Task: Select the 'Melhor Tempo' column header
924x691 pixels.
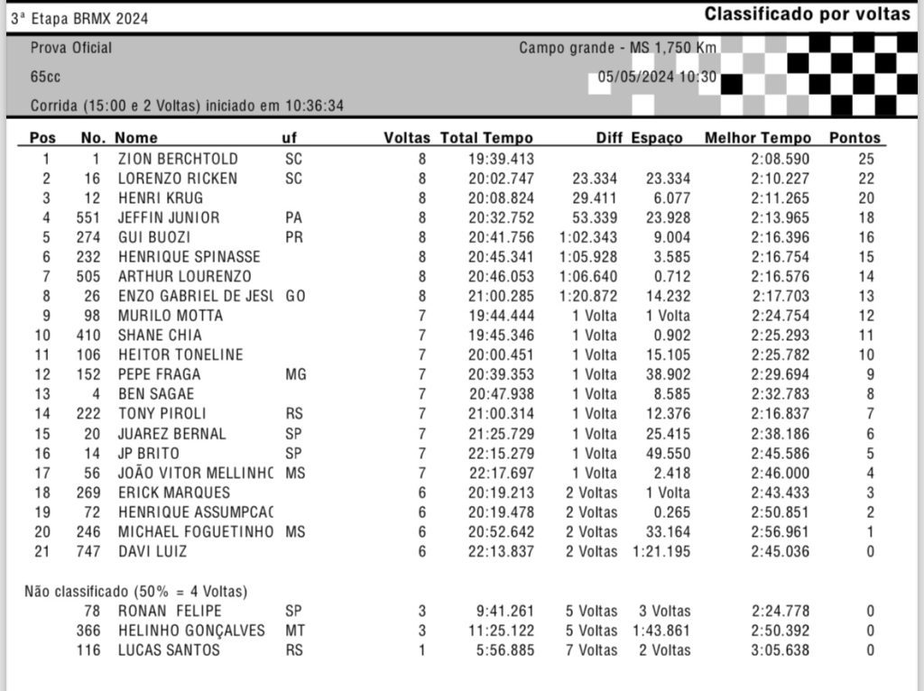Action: coord(745,138)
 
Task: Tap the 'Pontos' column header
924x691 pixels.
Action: coord(855,138)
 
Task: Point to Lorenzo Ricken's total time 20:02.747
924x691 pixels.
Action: coord(501,179)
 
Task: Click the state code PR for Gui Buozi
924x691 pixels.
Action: coord(293,237)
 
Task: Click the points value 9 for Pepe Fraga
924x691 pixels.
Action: coord(870,374)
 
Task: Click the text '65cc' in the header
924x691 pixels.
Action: coord(45,78)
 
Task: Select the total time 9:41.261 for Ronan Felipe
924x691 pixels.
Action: coord(505,611)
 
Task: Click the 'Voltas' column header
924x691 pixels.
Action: coord(407,138)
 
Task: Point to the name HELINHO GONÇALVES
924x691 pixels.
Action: coord(191,631)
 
